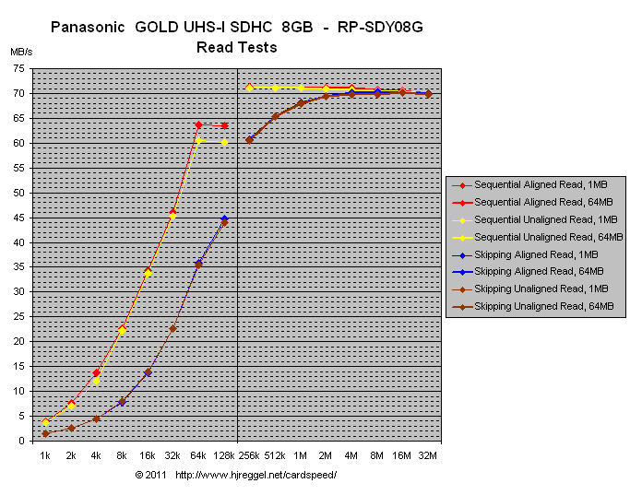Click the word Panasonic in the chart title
point(89,28)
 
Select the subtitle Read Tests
point(236,47)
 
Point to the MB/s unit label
point(21,52)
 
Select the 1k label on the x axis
point(45,455)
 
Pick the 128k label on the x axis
point(224,455)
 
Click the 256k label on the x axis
point(249,455)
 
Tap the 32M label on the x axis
point(428,455)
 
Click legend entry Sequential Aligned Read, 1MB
point(541,184)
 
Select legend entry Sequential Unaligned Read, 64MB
point(541,237)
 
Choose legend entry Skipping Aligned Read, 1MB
point(541,254)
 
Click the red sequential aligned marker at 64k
point(198,125)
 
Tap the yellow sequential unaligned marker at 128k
point(224,142)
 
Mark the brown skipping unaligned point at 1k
point(45,433)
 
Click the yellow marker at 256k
point(249,88)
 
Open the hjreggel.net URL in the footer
point(256,475)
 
